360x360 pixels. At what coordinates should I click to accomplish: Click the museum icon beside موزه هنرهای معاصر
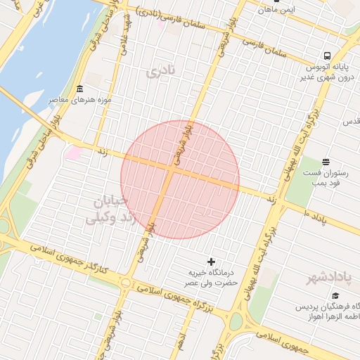point(79,89)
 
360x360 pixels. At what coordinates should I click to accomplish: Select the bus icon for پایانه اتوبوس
point(328,56)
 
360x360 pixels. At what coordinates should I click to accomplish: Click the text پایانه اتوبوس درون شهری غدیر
point(330,72)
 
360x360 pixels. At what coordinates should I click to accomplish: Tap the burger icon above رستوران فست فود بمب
point(325,162)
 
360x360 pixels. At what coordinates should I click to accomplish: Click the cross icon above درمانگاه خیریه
point(212,262)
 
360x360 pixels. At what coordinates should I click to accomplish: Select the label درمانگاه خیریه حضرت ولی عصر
point(212,278)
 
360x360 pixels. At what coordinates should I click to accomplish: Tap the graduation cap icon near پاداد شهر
point(336,296)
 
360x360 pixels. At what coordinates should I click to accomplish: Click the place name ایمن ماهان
point(276,11)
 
